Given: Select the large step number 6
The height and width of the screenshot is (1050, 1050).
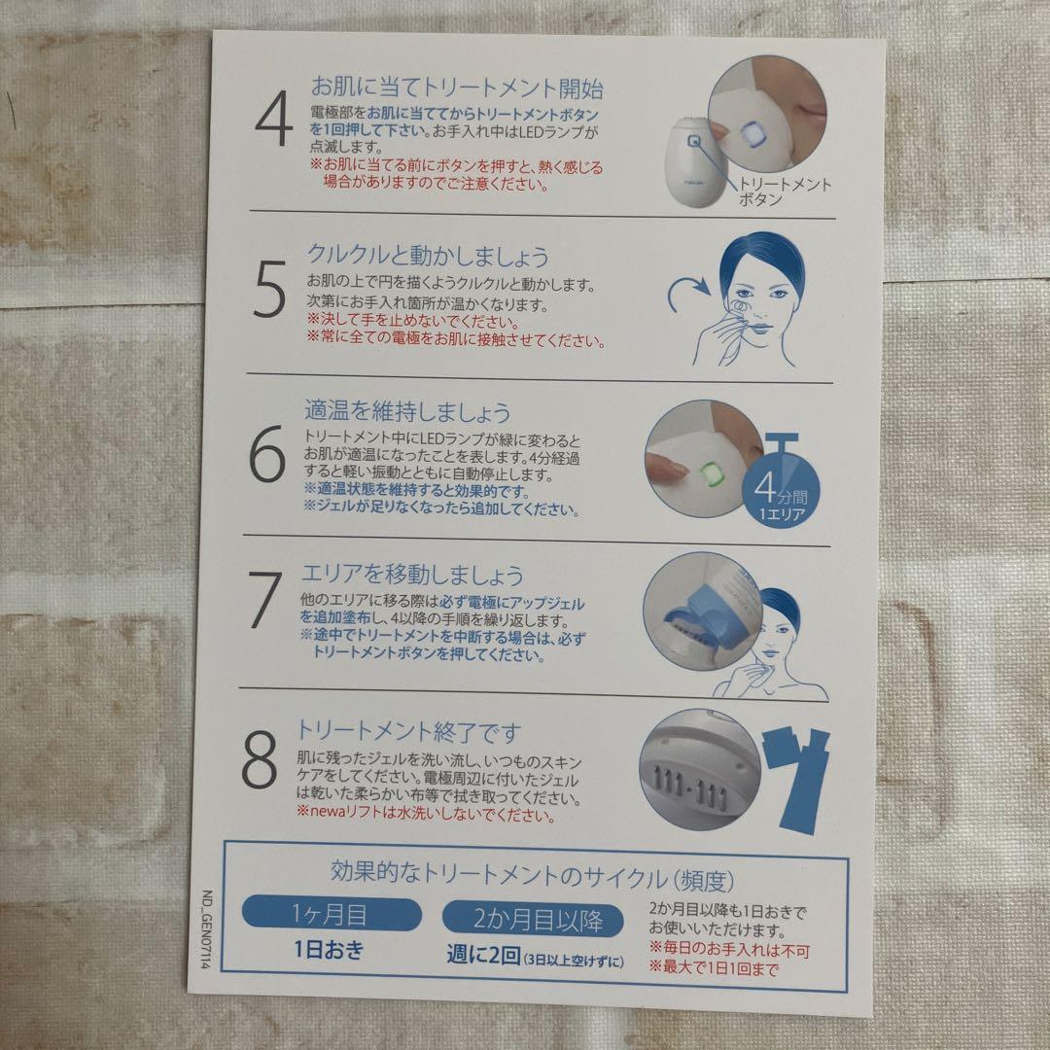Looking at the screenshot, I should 267,457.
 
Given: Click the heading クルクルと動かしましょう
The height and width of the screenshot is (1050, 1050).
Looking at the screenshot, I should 428,257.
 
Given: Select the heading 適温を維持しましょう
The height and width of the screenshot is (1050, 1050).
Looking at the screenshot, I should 407,413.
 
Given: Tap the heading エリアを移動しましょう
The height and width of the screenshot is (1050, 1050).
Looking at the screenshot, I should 414,574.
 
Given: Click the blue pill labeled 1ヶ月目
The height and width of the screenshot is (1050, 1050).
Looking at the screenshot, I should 331,914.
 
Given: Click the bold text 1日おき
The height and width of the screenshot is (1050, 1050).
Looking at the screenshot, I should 329,950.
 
